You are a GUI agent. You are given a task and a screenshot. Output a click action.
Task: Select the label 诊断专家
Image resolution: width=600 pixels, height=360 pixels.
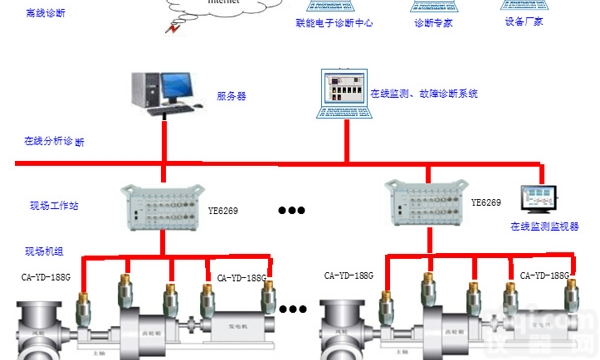(x=435, y=22)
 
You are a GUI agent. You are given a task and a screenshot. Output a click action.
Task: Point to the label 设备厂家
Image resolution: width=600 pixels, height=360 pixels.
(x=525, y=22)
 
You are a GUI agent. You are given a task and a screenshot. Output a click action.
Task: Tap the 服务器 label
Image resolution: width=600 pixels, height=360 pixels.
(x=231, y=96)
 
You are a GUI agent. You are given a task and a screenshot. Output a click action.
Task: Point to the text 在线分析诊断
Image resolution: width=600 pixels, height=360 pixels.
(x=54, y=141)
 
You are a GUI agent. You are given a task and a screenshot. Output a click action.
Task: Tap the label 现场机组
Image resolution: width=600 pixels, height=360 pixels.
(x=45, y=251)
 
